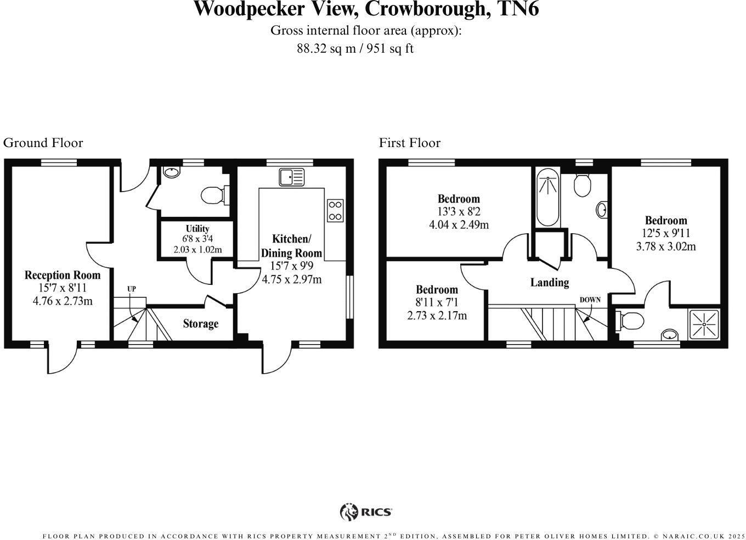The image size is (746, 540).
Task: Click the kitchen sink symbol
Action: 291,177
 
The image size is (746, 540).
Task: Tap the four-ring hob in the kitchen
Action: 335,211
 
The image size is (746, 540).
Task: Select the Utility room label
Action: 197,229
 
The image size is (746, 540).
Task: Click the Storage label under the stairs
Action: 200,324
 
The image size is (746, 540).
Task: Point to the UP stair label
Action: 132,289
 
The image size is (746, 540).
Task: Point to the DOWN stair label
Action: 590,300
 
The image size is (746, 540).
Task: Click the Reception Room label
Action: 63,275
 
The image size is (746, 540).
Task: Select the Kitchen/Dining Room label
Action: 291,246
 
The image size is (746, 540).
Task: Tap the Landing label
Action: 549,282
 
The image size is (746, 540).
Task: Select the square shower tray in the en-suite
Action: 704,324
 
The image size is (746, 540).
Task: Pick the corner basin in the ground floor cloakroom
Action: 171,172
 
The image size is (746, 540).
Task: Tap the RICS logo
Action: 366,512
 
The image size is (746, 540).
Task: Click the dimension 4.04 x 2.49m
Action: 459,224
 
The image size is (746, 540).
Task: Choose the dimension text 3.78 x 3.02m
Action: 665,246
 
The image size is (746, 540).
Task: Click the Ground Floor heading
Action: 43,143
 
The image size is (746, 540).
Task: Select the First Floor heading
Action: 410,143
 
